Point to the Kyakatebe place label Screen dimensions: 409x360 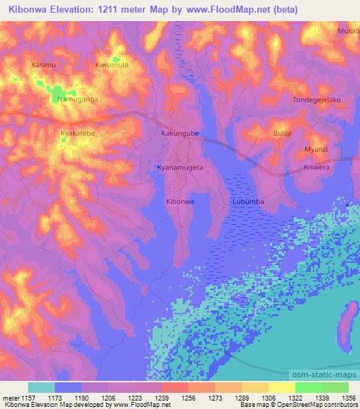pyautogui.click(x=78, y=132)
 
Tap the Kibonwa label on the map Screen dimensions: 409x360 pyautogui.click(x=179, y=201)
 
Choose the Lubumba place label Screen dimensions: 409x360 pyautogui.click(x=247, y=201)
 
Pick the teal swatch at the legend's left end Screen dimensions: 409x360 pyautogui.click(x=41, y=387)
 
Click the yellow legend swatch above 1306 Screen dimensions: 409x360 pyautogui.click(x=281, y=387)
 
